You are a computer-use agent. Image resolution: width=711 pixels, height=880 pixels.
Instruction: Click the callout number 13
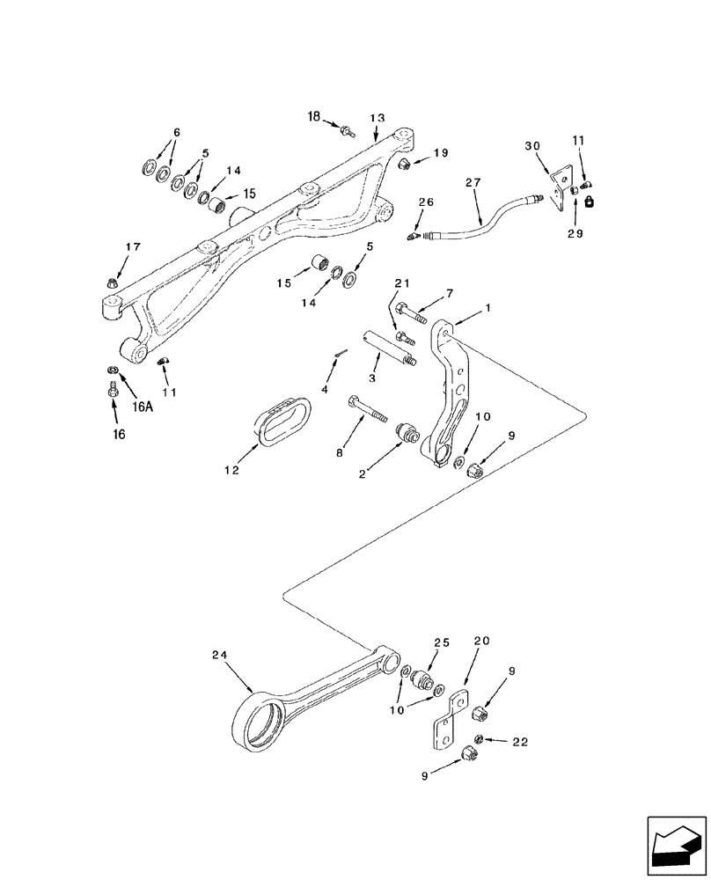(x=377, y=118)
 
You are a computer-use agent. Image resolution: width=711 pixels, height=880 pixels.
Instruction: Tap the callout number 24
(x=220, y=655)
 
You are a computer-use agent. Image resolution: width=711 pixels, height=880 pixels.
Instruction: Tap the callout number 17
(x=131, y=248)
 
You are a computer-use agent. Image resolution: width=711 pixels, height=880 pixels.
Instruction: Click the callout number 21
(x=402, y=282)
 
